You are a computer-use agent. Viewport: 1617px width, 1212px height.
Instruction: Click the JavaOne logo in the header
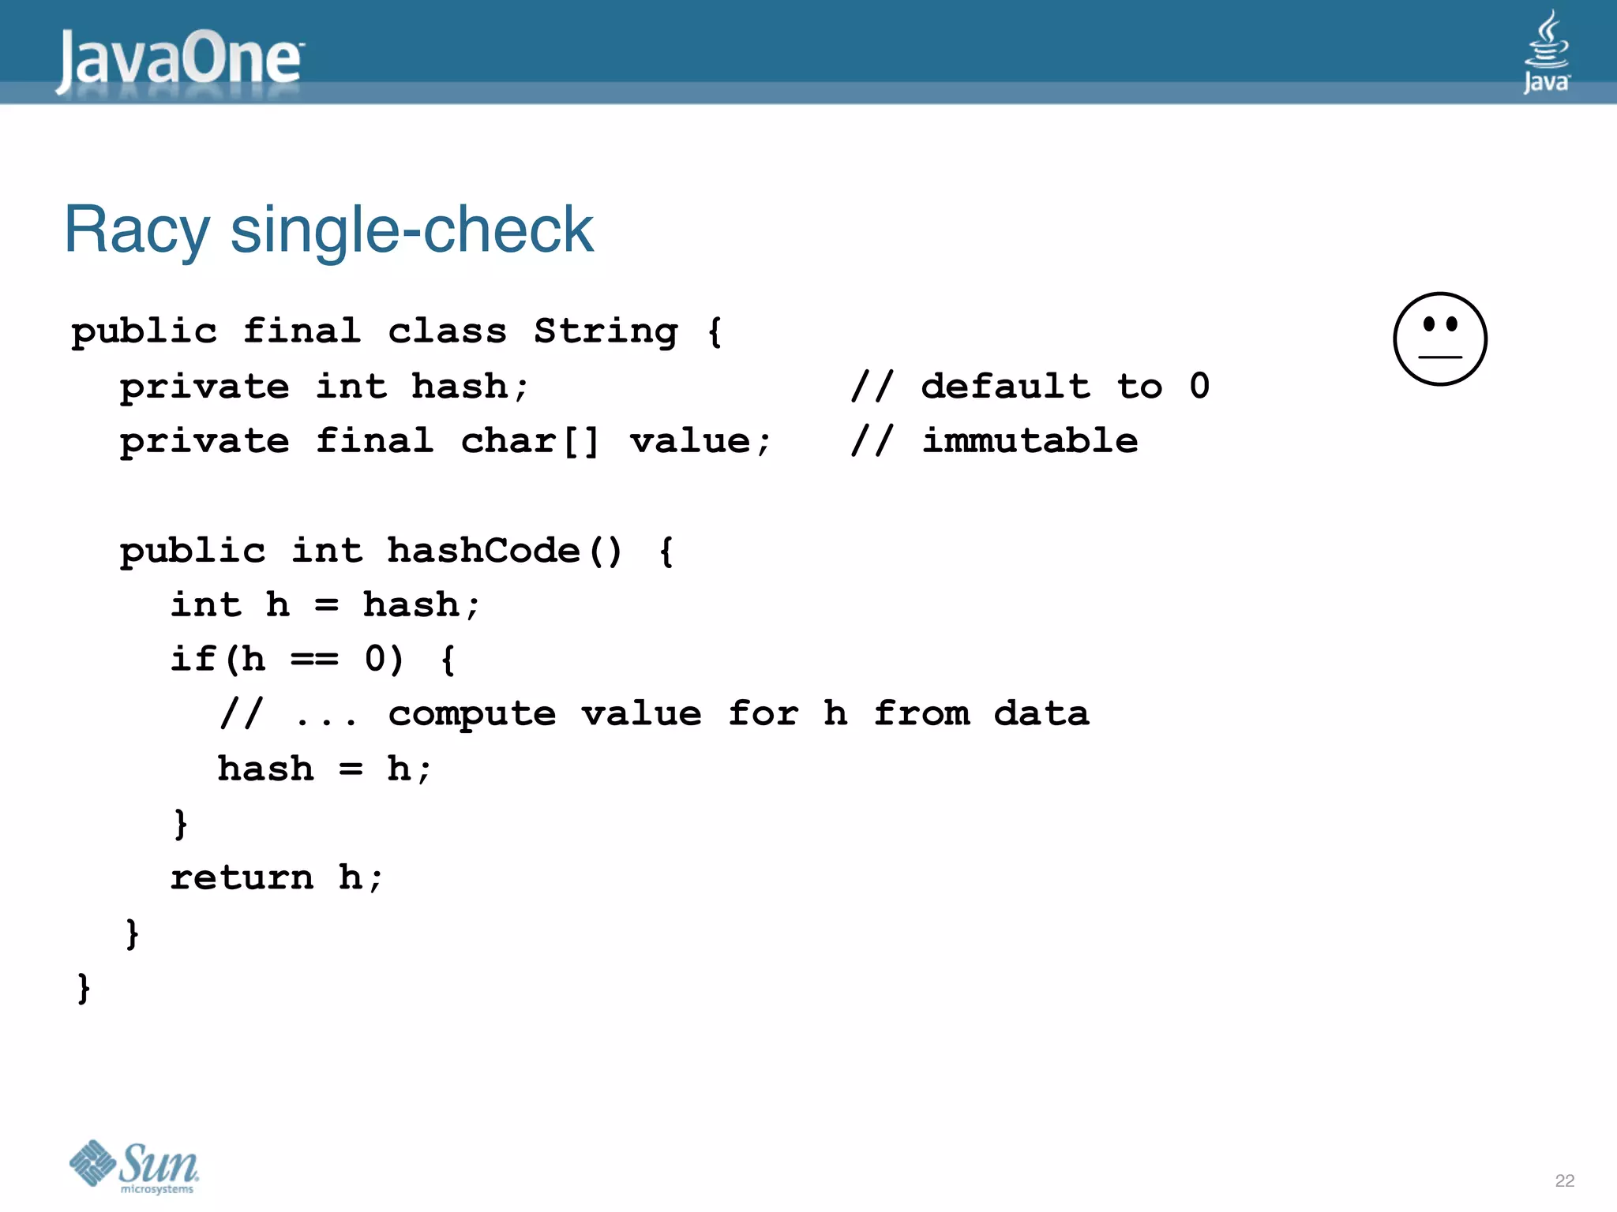180,60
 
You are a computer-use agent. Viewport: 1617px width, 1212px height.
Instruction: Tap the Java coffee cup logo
1546,51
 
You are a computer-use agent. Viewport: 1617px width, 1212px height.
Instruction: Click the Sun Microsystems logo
134,1166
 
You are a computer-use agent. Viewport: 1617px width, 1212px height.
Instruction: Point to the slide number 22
1564,1180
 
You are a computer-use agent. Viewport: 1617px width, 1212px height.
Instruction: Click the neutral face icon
1439,339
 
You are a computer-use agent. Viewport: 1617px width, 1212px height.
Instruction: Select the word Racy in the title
137,230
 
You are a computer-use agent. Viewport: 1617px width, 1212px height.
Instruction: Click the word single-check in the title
411,230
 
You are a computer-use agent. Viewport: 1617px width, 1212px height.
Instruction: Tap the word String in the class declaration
606,331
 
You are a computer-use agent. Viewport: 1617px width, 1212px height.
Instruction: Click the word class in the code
447,331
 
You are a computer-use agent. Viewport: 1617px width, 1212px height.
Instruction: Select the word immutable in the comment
1030,440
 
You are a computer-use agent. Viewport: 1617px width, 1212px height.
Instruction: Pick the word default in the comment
1006,386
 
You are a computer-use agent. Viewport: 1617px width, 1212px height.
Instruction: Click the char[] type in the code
530,440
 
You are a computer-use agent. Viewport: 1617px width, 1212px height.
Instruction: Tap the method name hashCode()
504,550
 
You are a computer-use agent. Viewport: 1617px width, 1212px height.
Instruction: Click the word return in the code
242,877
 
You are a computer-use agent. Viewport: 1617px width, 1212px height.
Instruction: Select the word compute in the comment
472,714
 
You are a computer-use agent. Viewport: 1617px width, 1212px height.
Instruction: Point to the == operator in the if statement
314,659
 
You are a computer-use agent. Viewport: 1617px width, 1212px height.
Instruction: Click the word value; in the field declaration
700,440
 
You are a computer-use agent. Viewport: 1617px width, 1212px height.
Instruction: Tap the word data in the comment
1041,714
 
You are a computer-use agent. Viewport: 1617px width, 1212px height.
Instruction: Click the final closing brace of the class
84,987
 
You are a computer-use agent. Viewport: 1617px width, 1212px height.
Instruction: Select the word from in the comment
921,714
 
